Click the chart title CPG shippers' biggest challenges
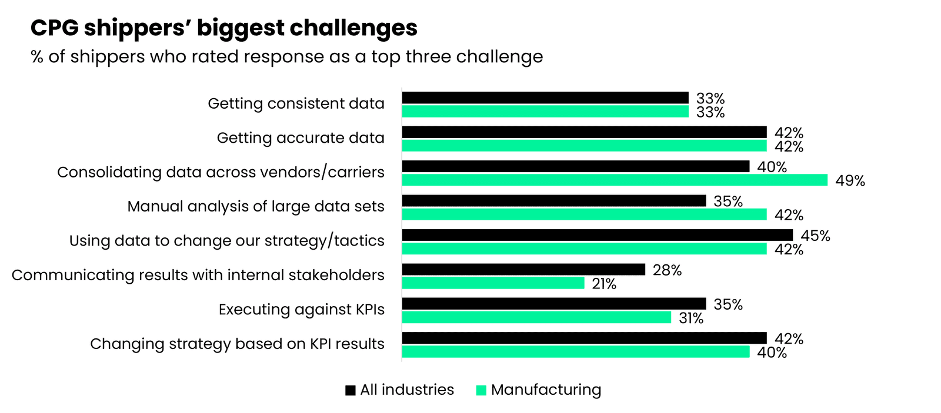[x=223, y=28]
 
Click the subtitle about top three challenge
[x=286, y=57]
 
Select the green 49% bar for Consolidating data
[x=615, y=180]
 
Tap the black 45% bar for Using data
[x=597, y=235]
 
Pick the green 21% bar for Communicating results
[x=493, y=283]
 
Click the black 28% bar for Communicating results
[x=523, y=270]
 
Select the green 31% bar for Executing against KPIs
[x=536, y=318]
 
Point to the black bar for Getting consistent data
[x=545, y=98]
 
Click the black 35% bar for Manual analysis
[x=553, y=201]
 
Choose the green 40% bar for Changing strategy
[x=575, y=352]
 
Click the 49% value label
[x=850, y=181]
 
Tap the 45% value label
[x=815, y=236]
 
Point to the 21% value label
[x=604, y=284]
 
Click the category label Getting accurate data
[x=300, y=138]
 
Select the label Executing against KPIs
[x=301, y=310]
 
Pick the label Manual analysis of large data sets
[x=255, y=207]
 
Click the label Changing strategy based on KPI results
[x=237, y=344]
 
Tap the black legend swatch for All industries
[x=351, y=391]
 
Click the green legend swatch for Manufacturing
[x=481, y=391]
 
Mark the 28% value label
[x=667, y=270]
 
